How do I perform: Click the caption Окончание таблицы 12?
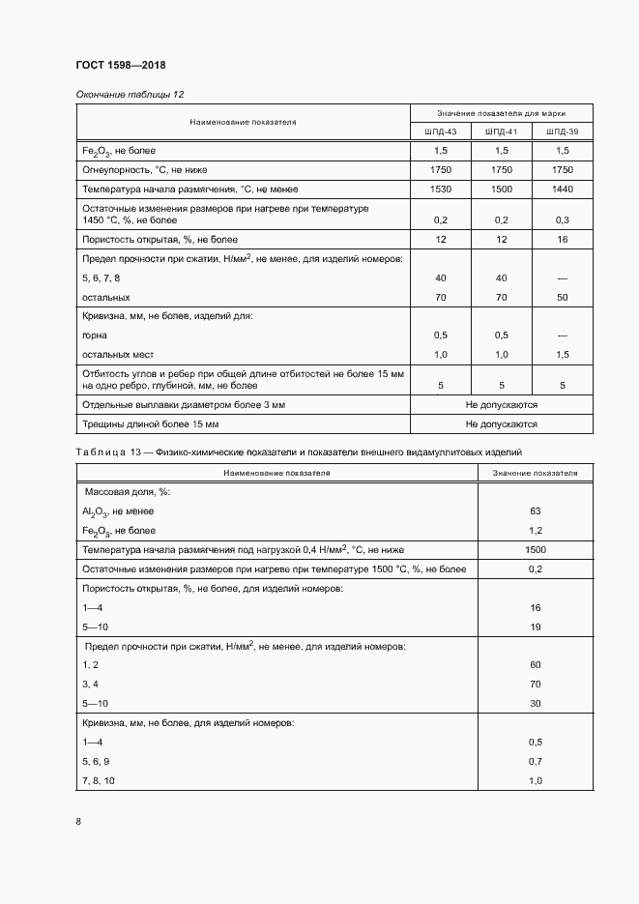pos(130,95)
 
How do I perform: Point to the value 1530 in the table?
pos(440,189)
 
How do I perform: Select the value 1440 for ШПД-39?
pos(562,189)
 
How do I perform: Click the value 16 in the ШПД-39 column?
pos(562,239)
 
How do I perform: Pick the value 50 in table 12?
pos(562,298)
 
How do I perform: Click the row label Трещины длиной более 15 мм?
pos(151,424)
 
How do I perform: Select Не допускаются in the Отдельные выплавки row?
pos(501,405)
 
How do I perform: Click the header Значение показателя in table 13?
pos(535,474)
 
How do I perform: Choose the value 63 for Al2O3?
pos(535,511)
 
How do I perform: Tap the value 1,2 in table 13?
pos(535,531)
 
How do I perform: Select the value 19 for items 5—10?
pos(535,627)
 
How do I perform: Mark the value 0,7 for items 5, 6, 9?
pos(535,761)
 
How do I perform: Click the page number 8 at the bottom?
pos(78,822)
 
